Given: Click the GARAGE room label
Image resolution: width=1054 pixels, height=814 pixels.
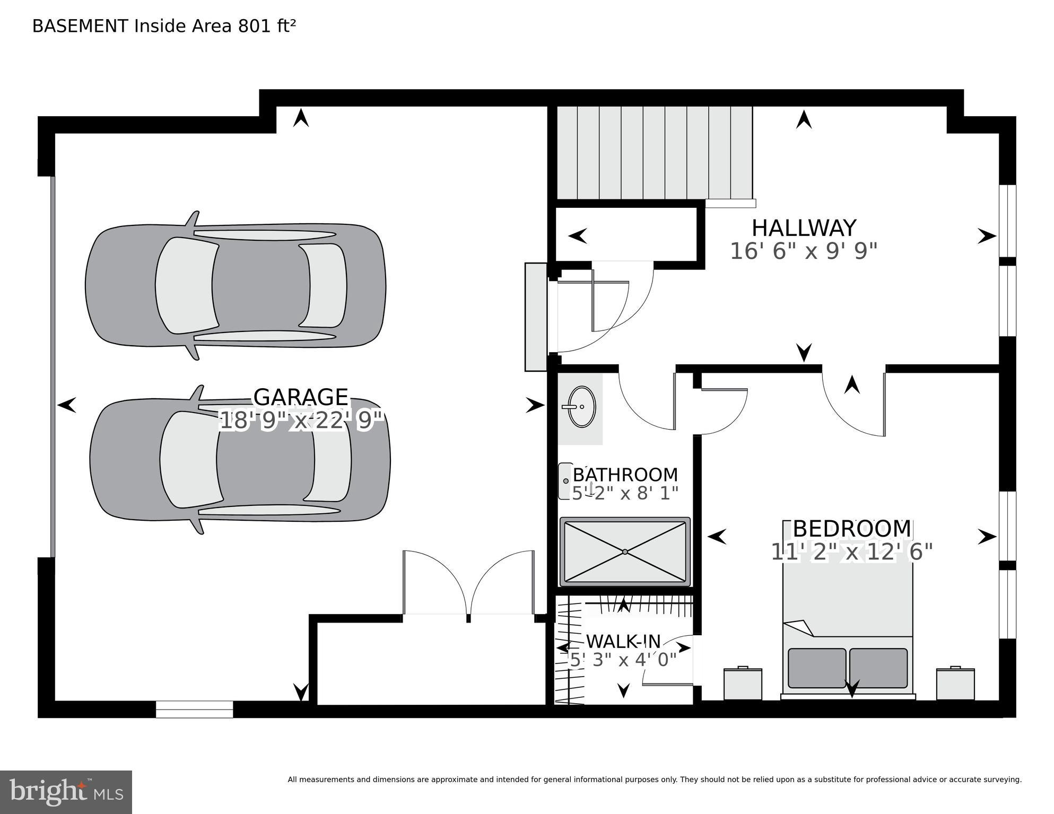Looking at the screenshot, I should [x=300, y=397].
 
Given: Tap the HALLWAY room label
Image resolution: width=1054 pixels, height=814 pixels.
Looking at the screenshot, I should [x=804, y=228].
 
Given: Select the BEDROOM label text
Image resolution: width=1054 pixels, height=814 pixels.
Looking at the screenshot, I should [x=851, y=529].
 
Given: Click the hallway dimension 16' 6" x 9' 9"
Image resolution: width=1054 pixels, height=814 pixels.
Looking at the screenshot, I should [x=804, y=251].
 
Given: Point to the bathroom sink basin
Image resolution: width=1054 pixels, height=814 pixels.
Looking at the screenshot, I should [x=581, y=407].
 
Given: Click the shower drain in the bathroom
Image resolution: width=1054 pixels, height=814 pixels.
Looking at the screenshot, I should [x=625, y=552].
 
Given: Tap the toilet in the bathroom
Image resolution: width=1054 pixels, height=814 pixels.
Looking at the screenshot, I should [x=565, y=481].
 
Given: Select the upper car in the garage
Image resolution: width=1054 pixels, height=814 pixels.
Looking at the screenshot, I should [x=236, y=285].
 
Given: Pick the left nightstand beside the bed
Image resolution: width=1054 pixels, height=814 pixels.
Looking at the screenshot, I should [x=743, y=684].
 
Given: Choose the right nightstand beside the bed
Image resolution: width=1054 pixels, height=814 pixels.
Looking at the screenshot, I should [x=955, y=684].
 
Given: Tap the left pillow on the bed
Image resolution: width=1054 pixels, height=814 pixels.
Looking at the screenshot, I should [x=817, y=668].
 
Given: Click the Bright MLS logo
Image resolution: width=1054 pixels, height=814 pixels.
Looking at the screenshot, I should [x=66, y=792].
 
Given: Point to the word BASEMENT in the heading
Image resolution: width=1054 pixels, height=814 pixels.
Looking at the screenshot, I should [x=80, y=26].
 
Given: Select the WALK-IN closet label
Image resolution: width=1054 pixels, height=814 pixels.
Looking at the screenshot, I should [x=623, y=641].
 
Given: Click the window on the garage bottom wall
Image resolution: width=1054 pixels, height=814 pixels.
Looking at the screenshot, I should [x=194, y=709].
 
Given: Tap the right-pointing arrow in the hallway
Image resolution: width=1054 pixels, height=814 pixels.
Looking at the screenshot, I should [x=986, y=236].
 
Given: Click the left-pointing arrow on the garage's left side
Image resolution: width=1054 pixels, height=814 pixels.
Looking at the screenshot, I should [x=66, y=406].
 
